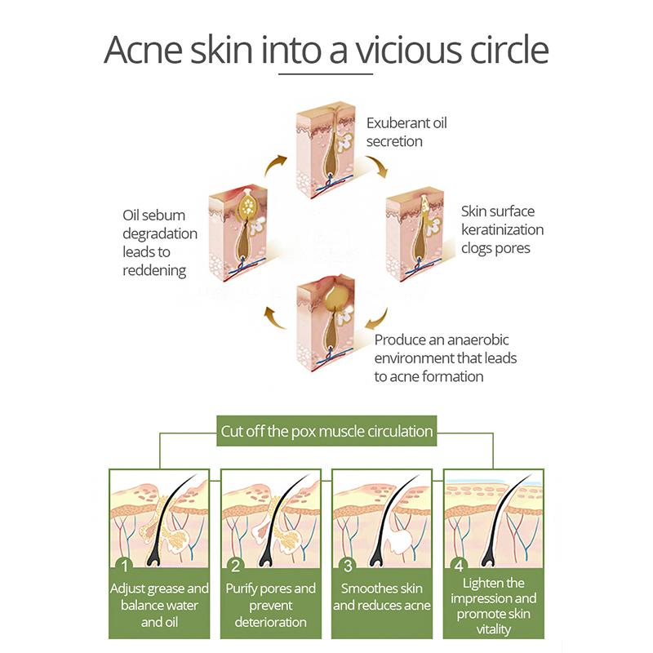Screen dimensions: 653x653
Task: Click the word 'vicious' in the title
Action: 409,50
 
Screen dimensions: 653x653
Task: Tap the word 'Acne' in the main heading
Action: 143,50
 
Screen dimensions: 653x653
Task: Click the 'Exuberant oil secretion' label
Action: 406,132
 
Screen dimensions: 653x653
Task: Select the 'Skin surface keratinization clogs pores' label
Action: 502,229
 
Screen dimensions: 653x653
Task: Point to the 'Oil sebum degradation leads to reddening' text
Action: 160,242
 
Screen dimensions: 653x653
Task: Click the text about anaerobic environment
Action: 445,358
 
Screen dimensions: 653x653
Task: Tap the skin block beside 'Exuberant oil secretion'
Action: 326,149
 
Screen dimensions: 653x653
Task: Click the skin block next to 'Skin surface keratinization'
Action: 415,234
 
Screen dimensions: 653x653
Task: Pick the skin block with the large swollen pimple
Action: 326,323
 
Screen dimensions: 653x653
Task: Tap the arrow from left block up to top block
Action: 275,165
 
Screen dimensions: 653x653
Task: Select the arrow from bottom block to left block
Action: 275,318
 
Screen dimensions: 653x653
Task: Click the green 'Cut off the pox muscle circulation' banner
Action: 326,431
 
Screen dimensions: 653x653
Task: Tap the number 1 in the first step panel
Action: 124,566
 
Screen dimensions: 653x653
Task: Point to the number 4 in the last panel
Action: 459,566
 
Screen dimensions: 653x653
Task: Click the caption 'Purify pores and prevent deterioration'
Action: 271,605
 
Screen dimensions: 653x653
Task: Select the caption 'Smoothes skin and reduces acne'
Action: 382,597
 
